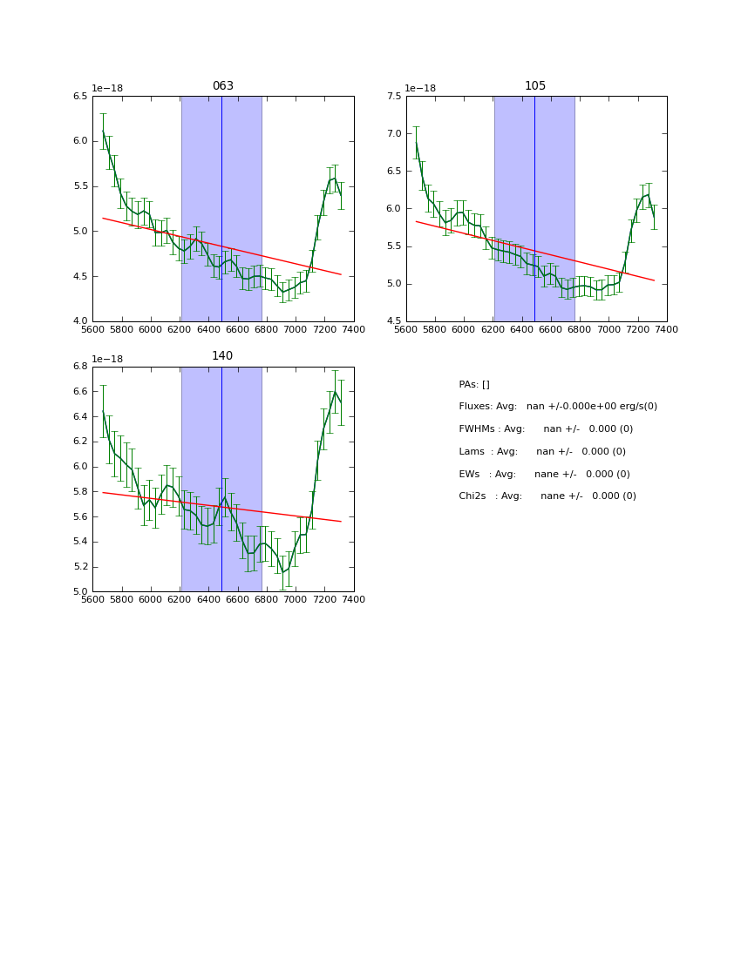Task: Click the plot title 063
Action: [x=223, y=86]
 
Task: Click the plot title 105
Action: [x=535, y=86]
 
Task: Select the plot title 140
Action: [x=223, y=356]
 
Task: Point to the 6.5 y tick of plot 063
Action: [x=80, y=96]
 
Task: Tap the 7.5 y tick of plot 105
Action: [x=393, y=96]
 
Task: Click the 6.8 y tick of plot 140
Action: [x=80, y=367]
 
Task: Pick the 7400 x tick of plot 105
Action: [x=667, y=329]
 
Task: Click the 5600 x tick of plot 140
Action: [x=92, y=599]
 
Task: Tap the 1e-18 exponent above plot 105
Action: [x=419, y=88]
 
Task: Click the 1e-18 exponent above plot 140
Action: [x=106, y=359]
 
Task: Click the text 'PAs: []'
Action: [x=474, y=384]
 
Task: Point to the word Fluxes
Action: [x=475, y=407]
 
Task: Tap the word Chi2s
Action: [x=474, y=496]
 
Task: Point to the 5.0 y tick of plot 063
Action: [x=80, y=231]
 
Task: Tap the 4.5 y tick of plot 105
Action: [x=393, y=321]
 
